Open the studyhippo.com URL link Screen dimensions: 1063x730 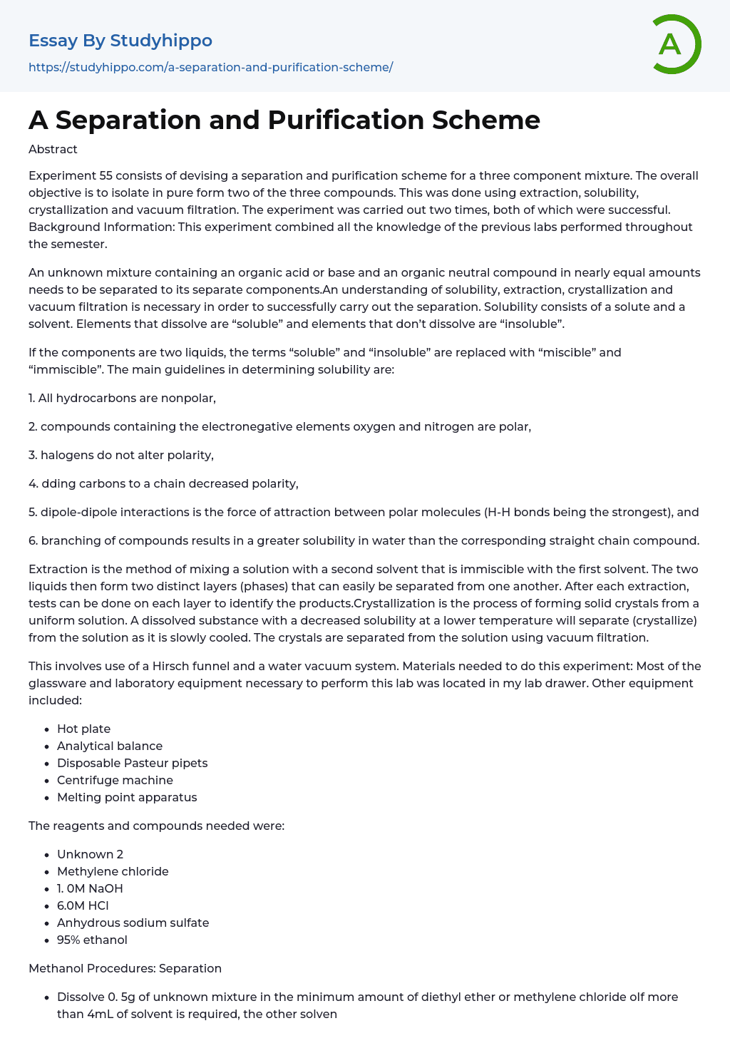click(210, 67)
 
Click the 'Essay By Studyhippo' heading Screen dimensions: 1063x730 click(120, 41)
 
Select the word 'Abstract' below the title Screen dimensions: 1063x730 click(53, 149)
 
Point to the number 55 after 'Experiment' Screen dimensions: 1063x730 click(106, 175)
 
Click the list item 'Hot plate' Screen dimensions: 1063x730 click(83, 729)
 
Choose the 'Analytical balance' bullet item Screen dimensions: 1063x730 click(110, 746)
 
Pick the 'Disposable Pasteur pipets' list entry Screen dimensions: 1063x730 click(132, 763)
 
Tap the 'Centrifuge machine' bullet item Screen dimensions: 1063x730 click(115, 780)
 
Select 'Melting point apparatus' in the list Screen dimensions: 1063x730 click(127, 797)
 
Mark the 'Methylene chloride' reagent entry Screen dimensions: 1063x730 click(113, 871)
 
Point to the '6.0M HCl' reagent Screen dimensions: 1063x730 click(83, 905)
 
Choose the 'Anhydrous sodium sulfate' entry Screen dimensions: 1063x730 click(133, 923)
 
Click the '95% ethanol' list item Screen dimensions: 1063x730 click(92, 940)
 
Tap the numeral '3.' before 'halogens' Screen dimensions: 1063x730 click(33, 455)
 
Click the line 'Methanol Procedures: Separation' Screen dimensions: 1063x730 click(125, 968)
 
